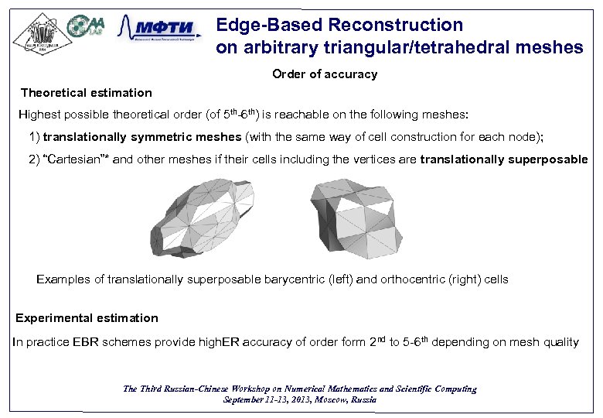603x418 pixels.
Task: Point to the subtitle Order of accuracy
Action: [x=325, y=74]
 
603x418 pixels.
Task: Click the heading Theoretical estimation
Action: [x=87, y=93]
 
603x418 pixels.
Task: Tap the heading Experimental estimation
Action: [x=87, y=318]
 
